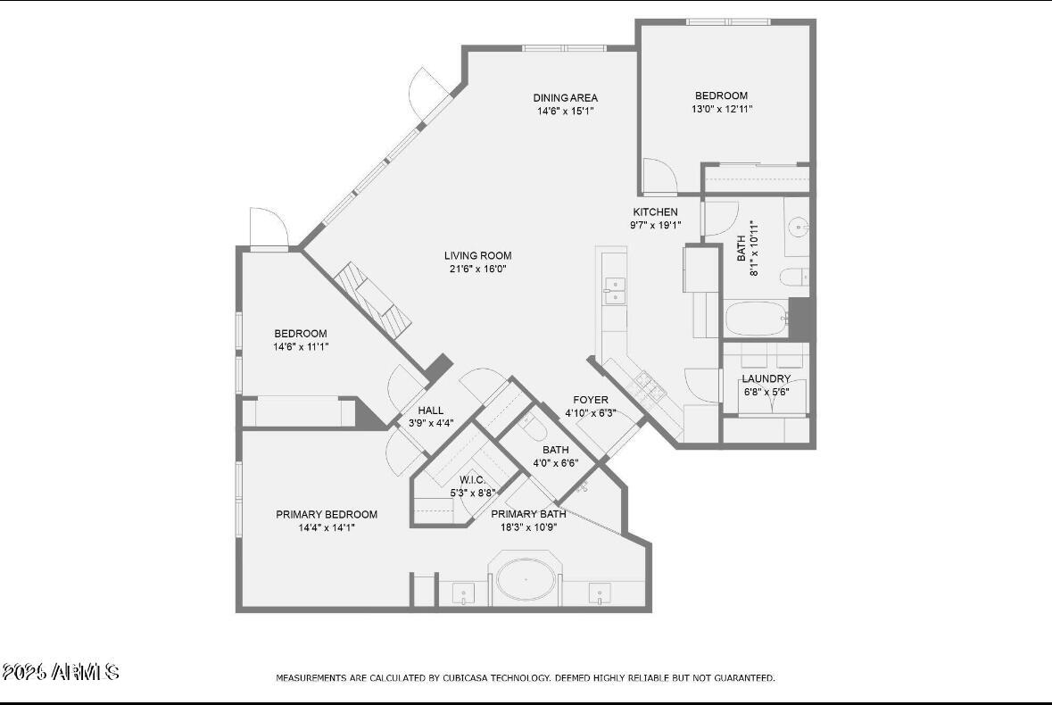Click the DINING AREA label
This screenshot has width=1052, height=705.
coord(565,98)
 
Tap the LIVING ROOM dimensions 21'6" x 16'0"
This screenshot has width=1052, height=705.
coord(477,269)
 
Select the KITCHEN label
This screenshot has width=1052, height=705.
coord(655,212)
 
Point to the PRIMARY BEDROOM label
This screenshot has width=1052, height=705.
coord(326,515)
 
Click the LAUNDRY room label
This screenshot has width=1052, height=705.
coord(766,379)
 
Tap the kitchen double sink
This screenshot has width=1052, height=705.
coord(614,290)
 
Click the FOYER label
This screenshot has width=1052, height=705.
coord(590,401)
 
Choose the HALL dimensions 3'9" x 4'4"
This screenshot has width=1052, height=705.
coord(430,423)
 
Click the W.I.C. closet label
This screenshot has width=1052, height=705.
coord(472,480)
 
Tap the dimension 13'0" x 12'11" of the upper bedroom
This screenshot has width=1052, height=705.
coord(721,109)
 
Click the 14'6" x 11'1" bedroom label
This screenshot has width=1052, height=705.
coord(300,334)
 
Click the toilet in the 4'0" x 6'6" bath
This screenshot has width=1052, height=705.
coord(534,430)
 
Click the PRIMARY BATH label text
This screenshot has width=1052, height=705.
coord(528,514)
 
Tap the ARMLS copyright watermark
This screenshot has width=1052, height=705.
coord(61,672)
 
